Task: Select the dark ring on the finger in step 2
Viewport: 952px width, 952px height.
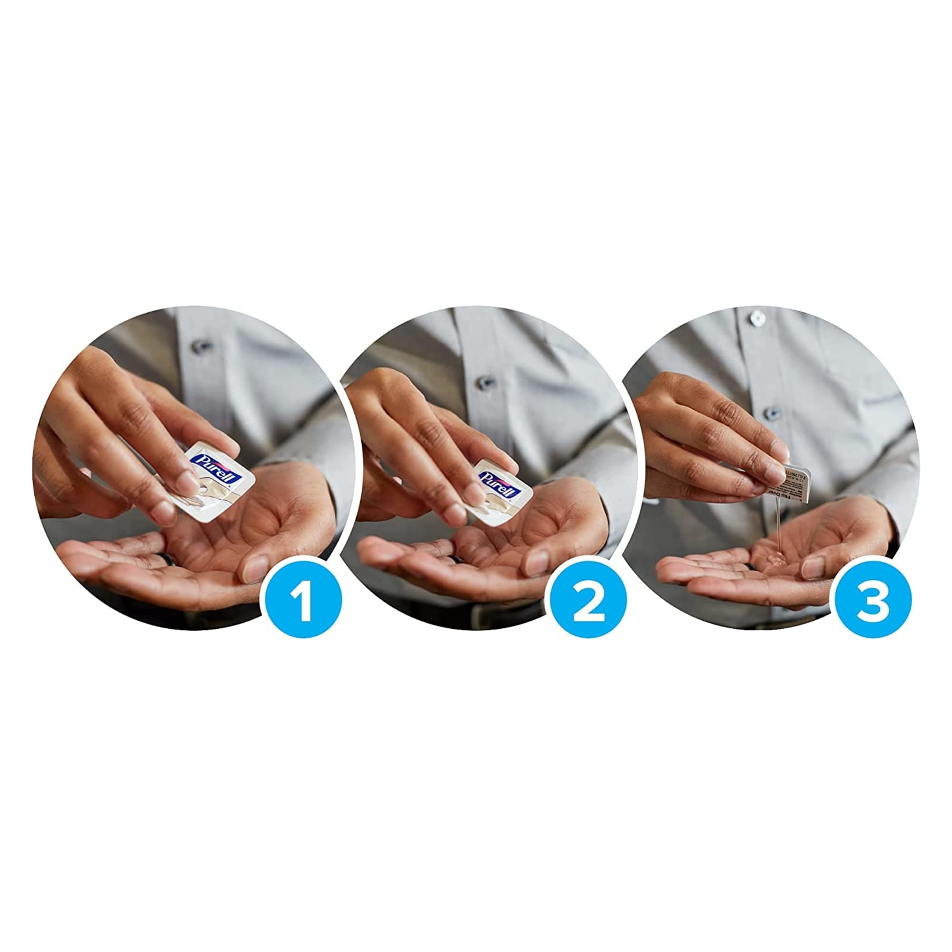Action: point(452,560)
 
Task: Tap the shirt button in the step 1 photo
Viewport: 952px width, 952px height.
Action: point(200,346)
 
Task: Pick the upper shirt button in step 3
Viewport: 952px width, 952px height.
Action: point(756,320)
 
